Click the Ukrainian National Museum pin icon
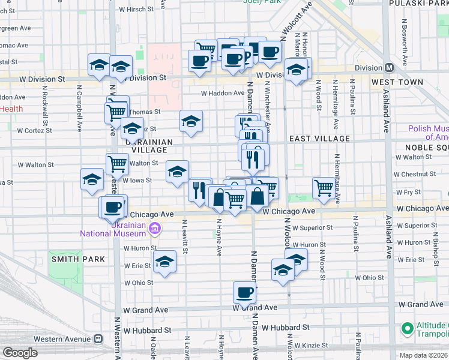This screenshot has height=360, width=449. pyautogui.click(x=155, y=227)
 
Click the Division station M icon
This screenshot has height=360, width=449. pyautogui.click(x=389, y=68)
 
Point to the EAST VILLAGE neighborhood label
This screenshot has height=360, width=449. pyautogui.click(x=319, y=139)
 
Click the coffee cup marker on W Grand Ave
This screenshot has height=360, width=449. pyautogui.click(x=244, y=293)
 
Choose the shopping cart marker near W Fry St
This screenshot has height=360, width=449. pyautogui.click(x=324, y=188)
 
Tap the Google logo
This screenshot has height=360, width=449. pyautogui.click(x=20, y=353)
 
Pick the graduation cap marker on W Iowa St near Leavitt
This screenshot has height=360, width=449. pyautogui.click(x=177, y=173)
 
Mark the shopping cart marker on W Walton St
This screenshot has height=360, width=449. pyautogui.click(x=117, y=163)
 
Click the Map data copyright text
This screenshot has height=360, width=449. pyautogui.click(x=424, y=355)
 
